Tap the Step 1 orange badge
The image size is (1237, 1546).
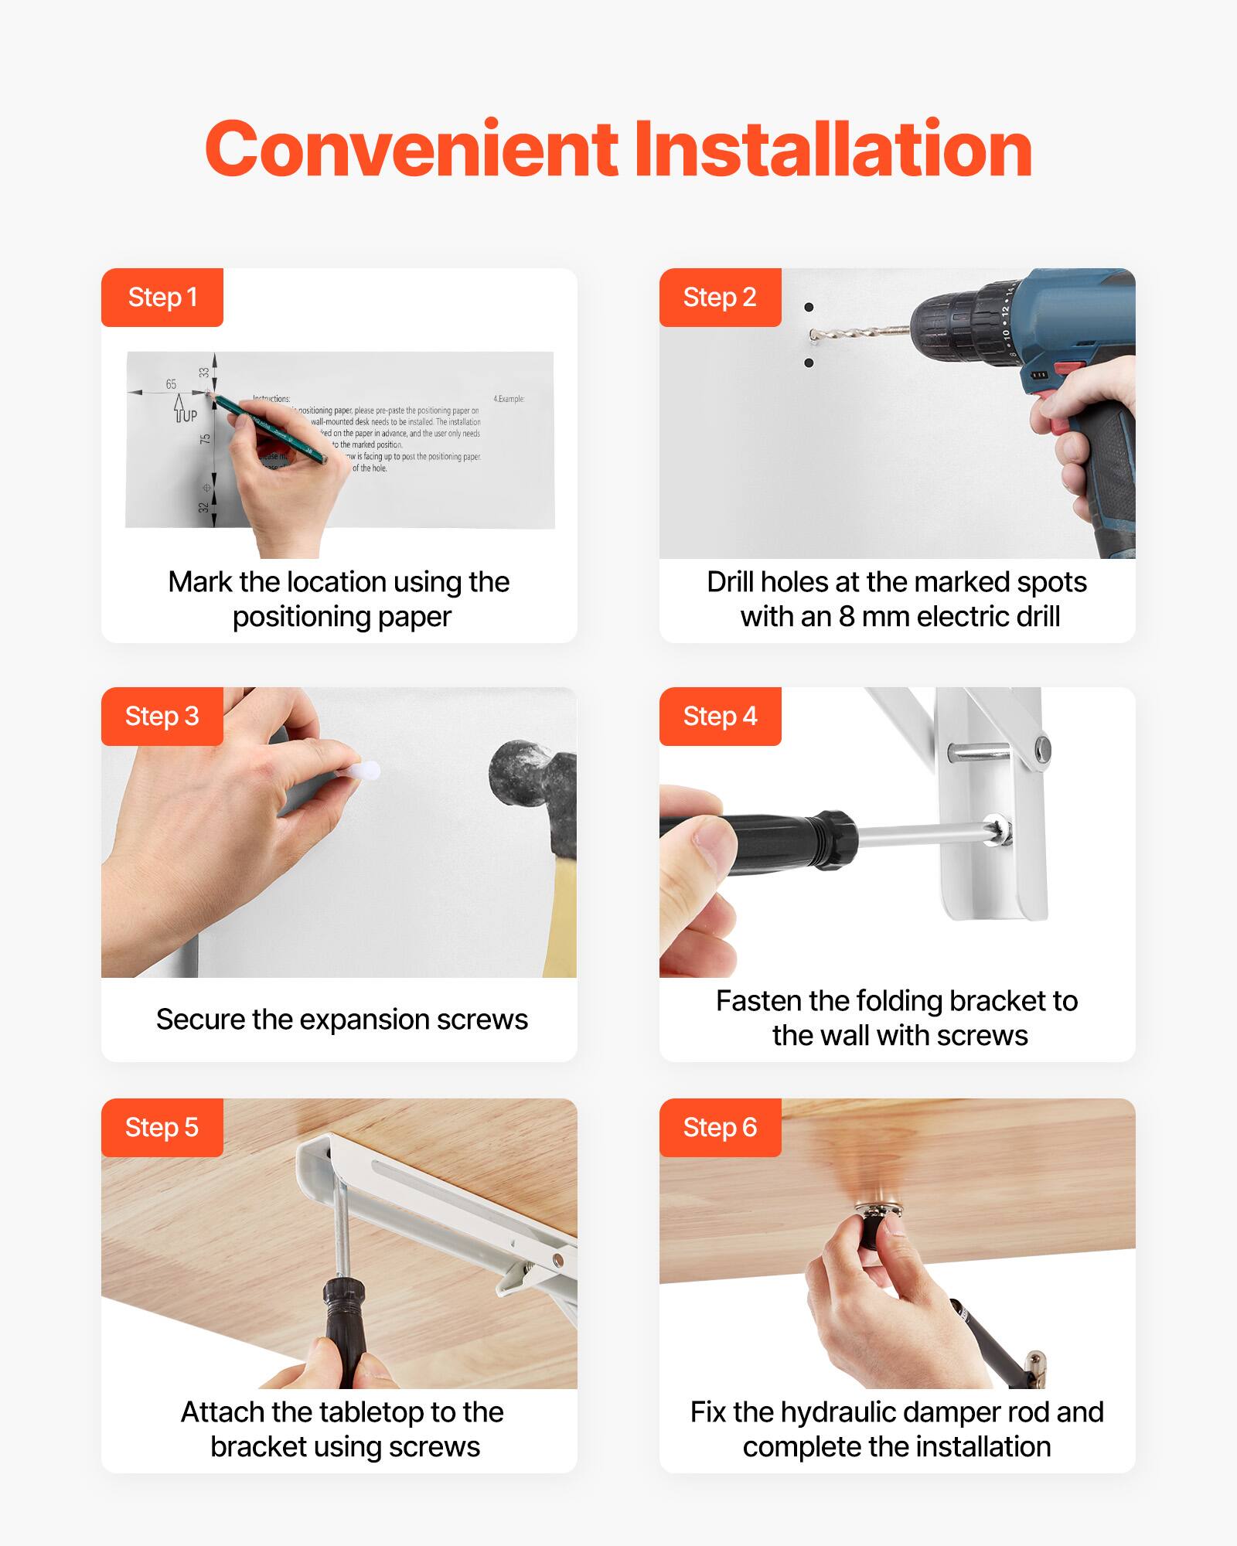coord(162,298)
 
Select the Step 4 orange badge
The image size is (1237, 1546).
coord(720,717)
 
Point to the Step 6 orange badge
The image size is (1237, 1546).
coord(720,1128)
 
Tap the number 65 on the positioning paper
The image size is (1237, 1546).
coord(171,384)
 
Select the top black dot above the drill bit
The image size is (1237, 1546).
coord(809,308)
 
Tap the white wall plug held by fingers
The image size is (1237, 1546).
coord(363,770)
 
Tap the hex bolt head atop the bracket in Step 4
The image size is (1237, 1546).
coord(1041,747)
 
